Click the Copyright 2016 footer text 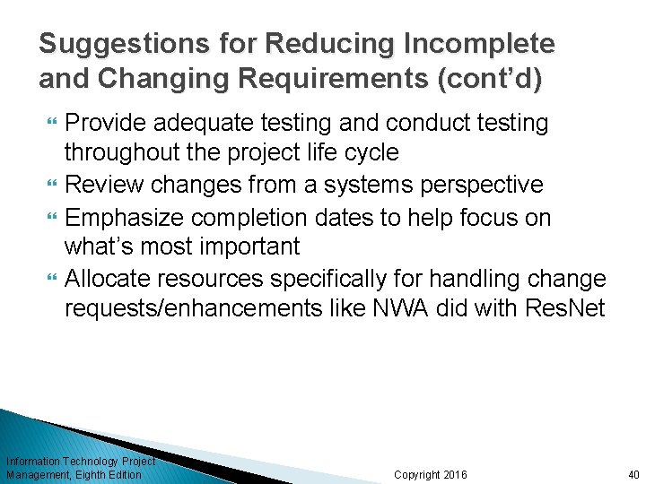pos(431,474)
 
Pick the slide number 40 pos(633,474)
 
